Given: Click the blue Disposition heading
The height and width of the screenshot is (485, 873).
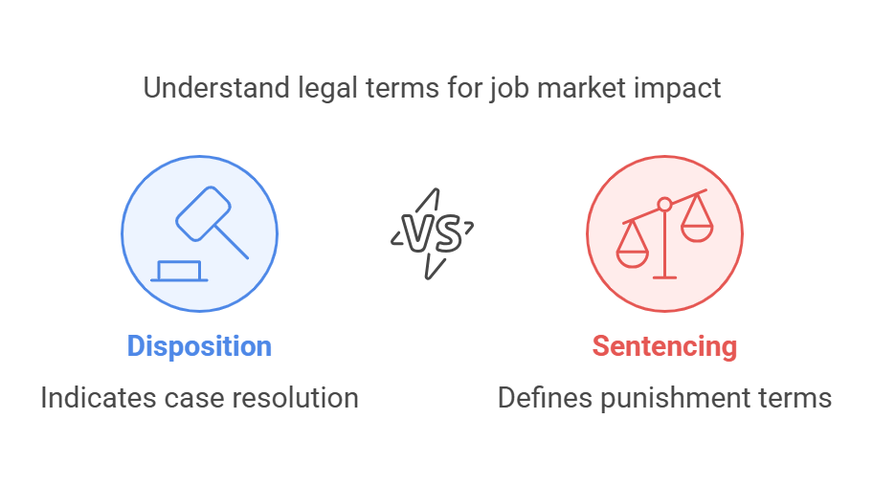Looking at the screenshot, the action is (x=199, y=346).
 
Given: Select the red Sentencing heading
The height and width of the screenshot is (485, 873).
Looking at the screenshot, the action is (x=664, y=346).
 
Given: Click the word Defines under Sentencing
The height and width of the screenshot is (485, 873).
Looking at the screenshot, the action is (x=545, y=398).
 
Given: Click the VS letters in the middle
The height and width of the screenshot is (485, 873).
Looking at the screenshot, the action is (x=432, y=233).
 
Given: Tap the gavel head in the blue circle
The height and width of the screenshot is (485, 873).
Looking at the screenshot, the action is (x=203, y=213).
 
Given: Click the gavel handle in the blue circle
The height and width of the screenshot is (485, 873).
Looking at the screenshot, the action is (x=232, y=242).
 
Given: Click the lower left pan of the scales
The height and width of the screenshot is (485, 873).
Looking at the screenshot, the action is (x=633, y=258).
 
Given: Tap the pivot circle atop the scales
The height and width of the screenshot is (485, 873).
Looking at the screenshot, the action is (x=664, y=205).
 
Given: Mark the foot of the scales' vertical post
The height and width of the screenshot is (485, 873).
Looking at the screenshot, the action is (x=664, y=277).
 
